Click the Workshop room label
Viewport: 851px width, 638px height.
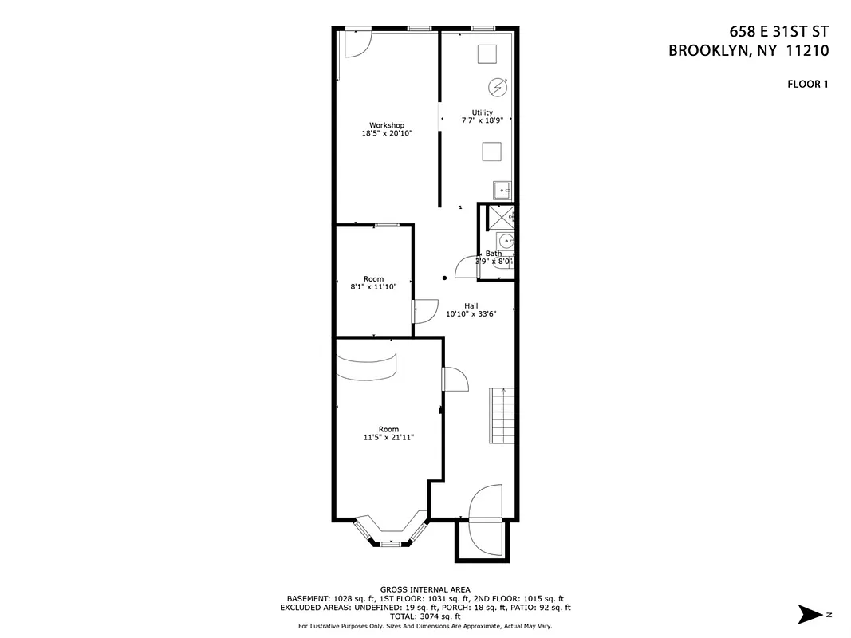(387, 125)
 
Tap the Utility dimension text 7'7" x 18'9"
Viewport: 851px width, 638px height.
(483, 121)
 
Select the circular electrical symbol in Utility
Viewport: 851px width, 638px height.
(497, 86)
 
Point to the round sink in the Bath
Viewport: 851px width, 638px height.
(504, 240)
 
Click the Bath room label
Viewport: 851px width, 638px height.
(494, 254)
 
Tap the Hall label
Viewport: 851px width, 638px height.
(471, 305)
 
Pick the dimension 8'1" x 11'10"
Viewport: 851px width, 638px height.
(374, 287)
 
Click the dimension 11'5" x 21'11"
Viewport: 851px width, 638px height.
(388, 438)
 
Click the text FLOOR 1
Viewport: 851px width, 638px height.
(808, 84)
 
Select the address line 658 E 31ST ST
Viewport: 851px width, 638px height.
(779, 32)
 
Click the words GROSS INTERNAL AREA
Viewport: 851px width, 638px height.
(425, 589)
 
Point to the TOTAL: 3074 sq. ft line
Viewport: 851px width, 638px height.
(425, 616)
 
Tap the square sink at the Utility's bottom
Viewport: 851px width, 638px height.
(502, 190)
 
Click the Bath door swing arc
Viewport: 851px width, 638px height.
(465, 267)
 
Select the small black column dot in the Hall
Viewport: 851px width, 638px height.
(445, 278)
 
